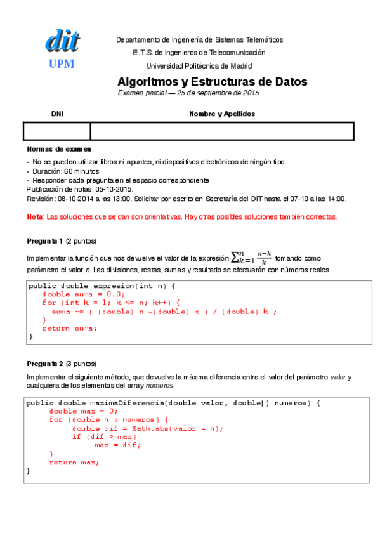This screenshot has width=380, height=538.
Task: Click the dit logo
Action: click(62, 41)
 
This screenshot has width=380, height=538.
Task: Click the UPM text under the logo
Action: click(62, 63)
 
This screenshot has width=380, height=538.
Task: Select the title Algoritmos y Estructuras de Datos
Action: click(212, 82)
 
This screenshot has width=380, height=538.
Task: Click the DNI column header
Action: click(57, 114)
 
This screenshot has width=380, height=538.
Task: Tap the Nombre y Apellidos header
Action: click(221, 114)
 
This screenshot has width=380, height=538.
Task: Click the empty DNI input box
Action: click(57, 131)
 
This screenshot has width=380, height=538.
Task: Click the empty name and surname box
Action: click(221, 131)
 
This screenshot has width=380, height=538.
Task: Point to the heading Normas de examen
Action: click(60, 148)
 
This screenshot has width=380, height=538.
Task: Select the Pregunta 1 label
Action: click(44, 241)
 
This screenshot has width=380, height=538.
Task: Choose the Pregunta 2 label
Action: click(44, 364)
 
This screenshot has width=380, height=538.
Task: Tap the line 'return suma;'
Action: click(70, 328)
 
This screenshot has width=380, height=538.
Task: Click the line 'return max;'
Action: click(74, 462)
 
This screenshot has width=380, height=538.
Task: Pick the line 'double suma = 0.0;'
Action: click(84, 294)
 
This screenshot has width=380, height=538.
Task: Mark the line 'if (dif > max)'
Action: click(104, 436)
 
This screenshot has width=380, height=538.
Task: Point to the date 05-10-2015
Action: click(114, 189)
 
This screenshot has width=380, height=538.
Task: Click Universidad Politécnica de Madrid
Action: click(199, 65)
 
